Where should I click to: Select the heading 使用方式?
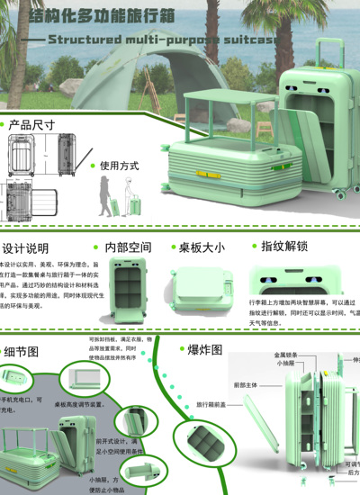(119, 166)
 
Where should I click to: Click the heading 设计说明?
(25, 248)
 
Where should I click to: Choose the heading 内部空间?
(128, 247)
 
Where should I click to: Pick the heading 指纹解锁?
(283, 247)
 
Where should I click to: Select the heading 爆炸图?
(204, 349)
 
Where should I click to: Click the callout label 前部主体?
(220, 385)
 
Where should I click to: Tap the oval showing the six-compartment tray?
(201, 447)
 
